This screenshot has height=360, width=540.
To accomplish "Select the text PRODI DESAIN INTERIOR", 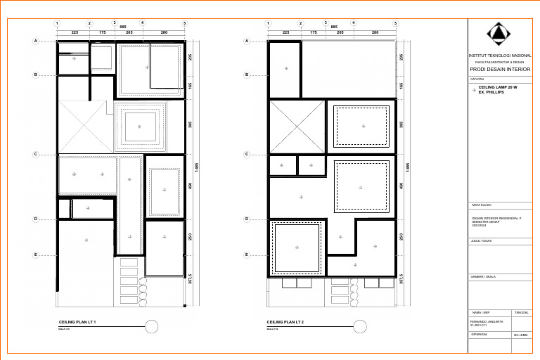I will click(x=501, y=70).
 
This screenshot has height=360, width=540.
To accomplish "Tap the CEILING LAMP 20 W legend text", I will click(x=497, y=87).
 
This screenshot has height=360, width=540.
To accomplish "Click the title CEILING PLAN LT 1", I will click(x=77, y=322).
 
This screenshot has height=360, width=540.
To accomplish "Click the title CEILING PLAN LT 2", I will click(x=286, y=322).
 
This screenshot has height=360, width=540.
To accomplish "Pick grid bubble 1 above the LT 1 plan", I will click(x=56, y=23).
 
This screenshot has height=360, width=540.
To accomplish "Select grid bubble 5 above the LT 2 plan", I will click(x=396, y=23).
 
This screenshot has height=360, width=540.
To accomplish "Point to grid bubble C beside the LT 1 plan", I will click(x=35, y=154).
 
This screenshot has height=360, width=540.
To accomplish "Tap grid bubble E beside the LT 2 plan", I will click(x=246, y=255).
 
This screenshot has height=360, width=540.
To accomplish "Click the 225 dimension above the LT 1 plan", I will click(x=75, y=32).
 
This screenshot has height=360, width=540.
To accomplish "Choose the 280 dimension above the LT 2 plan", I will click(x=375, y=32).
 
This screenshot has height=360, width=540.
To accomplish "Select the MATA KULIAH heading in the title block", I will click(x=481, y=205).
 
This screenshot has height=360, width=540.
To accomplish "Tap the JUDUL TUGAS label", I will click(x=481, y=241).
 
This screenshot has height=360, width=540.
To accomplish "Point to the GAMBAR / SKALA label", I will click(x=483, y=277).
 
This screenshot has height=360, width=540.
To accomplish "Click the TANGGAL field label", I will click(x=522, y=312).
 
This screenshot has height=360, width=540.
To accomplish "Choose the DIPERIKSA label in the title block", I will click(x=479, y=335).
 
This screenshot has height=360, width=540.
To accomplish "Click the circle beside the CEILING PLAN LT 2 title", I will click(x=360, y=326).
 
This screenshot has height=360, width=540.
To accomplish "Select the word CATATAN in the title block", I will click(x=477, y=79).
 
